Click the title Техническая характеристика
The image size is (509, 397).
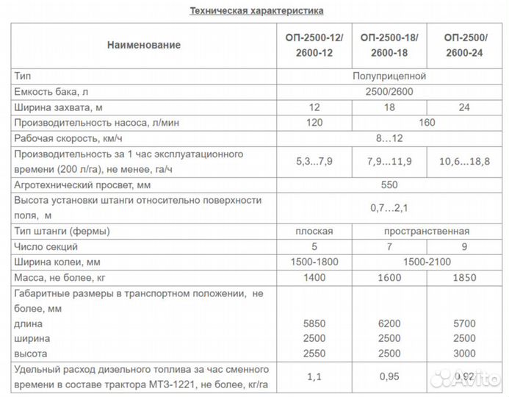point(256,11)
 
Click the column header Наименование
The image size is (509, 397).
point(143,45)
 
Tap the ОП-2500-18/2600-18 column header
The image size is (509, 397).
point(390,45)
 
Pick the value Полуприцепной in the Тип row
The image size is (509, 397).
point(390,75)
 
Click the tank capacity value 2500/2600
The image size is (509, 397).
point(390,91)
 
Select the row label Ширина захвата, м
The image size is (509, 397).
point(57,107)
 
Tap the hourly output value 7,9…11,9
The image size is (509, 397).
point(390,162)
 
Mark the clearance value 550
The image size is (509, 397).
point(390,185)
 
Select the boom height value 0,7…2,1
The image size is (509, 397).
point(390,208)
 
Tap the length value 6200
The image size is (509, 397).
point(390,323)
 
